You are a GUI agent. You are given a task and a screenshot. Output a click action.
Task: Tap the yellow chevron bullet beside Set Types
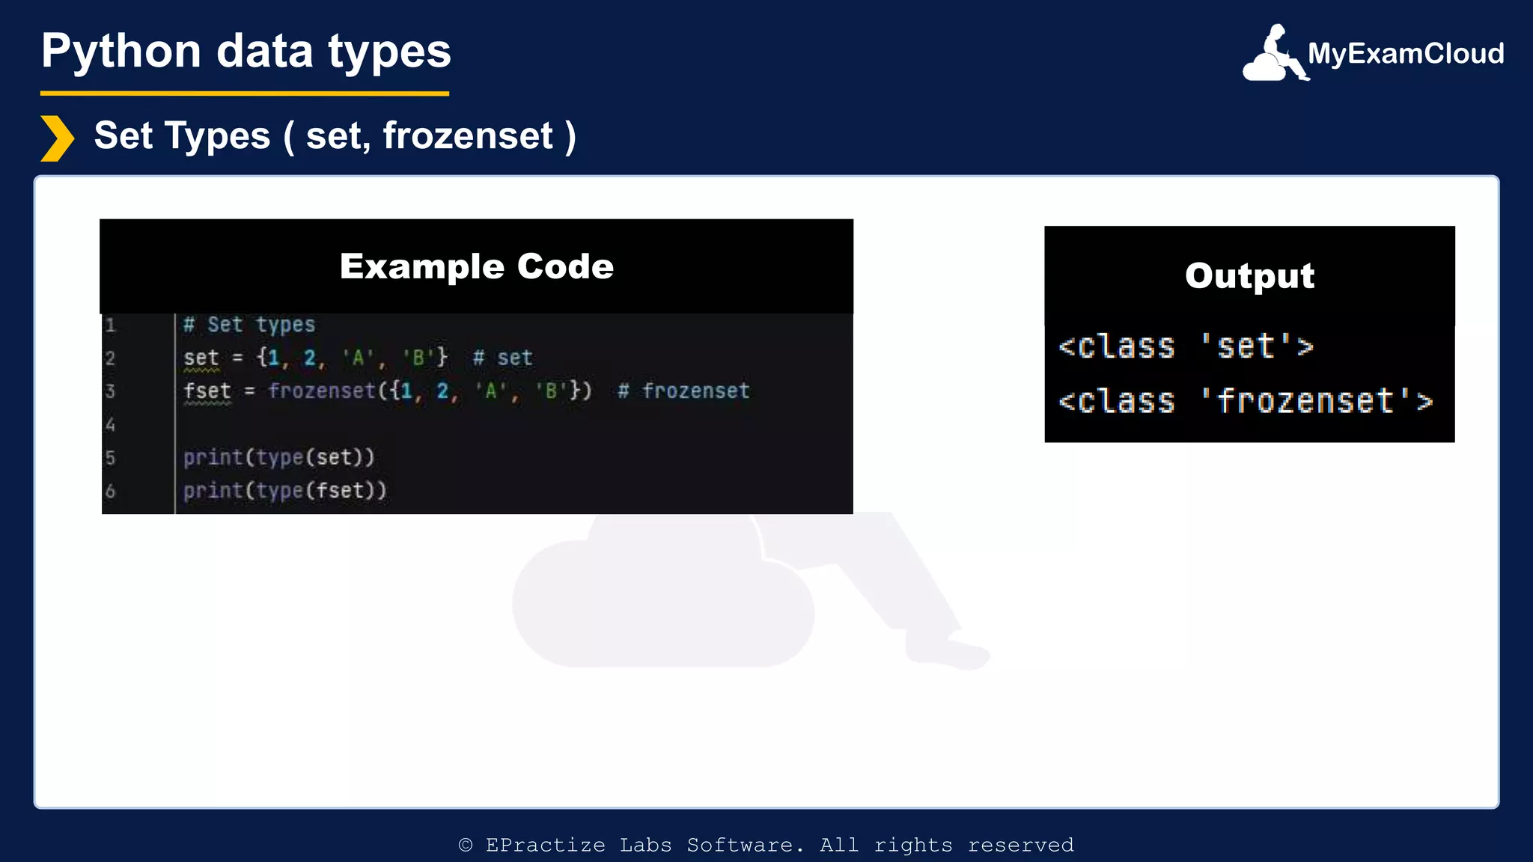pos(57,138)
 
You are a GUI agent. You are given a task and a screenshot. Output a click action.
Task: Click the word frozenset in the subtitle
pos(468,136)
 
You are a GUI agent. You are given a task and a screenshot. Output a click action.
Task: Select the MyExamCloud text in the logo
pos(1405,53)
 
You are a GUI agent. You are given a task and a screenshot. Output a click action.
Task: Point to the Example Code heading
pos(476,266)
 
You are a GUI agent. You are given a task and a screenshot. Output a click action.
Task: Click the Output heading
pos(1249,275)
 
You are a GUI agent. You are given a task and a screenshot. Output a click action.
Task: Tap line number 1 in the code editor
pos(110,325)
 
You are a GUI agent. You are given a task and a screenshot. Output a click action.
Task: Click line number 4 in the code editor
pos(110,424)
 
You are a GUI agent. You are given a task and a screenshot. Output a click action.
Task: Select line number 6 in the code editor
pos(110,491)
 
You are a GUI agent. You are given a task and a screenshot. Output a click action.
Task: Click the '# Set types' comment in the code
pos(249,325)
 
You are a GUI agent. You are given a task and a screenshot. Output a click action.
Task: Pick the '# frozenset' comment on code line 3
pos(684,391)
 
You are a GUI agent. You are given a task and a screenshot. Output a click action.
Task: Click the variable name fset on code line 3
pos(207,391)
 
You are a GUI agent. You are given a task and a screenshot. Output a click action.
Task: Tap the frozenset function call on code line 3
pos(322,391)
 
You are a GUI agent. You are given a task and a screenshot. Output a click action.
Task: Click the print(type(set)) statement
pos(278,457)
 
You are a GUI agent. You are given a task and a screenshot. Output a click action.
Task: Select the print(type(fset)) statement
pos(285,491)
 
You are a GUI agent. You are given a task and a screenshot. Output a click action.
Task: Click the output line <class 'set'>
pos(1185,346)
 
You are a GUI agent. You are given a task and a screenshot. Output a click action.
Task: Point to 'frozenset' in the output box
pos(1305,401)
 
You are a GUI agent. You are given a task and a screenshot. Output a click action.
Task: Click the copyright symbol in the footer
pos(466,845)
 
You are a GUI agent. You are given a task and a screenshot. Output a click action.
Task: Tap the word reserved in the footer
pos(1020,845)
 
